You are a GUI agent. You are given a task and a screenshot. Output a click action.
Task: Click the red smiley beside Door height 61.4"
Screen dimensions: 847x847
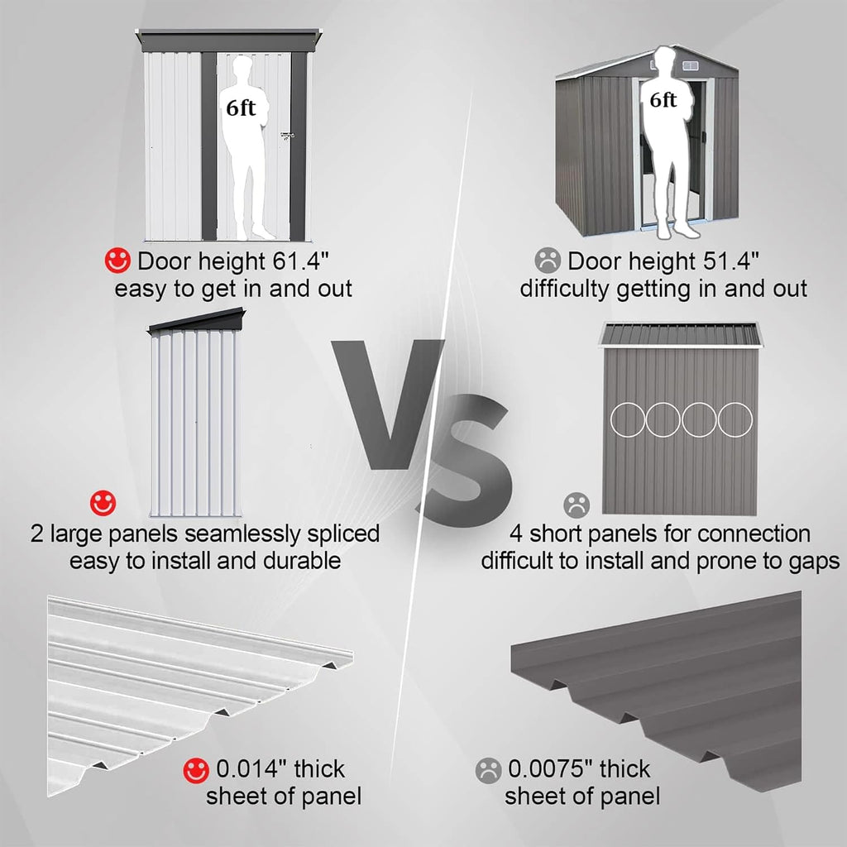tap(117, 261)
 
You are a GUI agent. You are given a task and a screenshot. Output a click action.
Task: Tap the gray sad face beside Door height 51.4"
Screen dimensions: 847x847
tap(548, 260)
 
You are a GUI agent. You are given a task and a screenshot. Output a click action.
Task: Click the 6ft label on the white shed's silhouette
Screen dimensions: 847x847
tap(241, 108)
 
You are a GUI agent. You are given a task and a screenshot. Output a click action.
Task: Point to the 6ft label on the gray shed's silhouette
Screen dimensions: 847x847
tap(663, 100)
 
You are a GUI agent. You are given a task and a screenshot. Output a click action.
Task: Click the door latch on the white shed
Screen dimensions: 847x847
tap(287, 136)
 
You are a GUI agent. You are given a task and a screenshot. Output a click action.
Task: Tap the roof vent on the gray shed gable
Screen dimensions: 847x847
tap(691, 66)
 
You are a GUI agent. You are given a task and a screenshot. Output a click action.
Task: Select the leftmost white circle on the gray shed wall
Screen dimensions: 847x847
tap(627, 419)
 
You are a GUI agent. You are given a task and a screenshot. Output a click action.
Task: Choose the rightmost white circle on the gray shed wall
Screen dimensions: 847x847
tap(735, 419)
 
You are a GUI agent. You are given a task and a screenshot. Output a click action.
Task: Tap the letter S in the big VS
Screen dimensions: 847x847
tap(465, 460)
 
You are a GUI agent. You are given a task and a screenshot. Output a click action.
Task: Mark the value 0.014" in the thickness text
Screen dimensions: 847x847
tap(251, 768)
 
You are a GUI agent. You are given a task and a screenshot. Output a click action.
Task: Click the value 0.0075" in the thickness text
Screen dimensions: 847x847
tap(550, 768)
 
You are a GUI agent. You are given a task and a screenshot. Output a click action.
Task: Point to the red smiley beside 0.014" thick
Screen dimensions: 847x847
tap(195, 770)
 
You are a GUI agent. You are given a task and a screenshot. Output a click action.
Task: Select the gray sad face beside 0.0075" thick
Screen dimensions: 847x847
tap(488, 771)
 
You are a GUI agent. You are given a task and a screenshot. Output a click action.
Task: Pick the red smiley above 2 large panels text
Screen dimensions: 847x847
tap(103, 504)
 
